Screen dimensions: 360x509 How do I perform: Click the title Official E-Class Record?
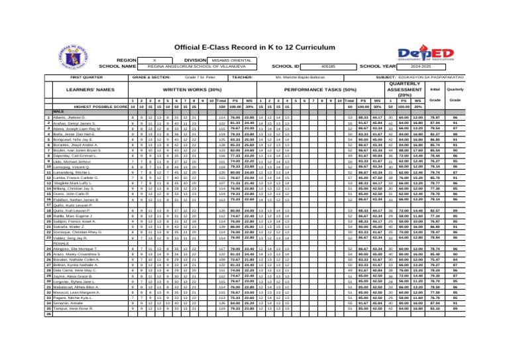[x=254, y=48]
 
